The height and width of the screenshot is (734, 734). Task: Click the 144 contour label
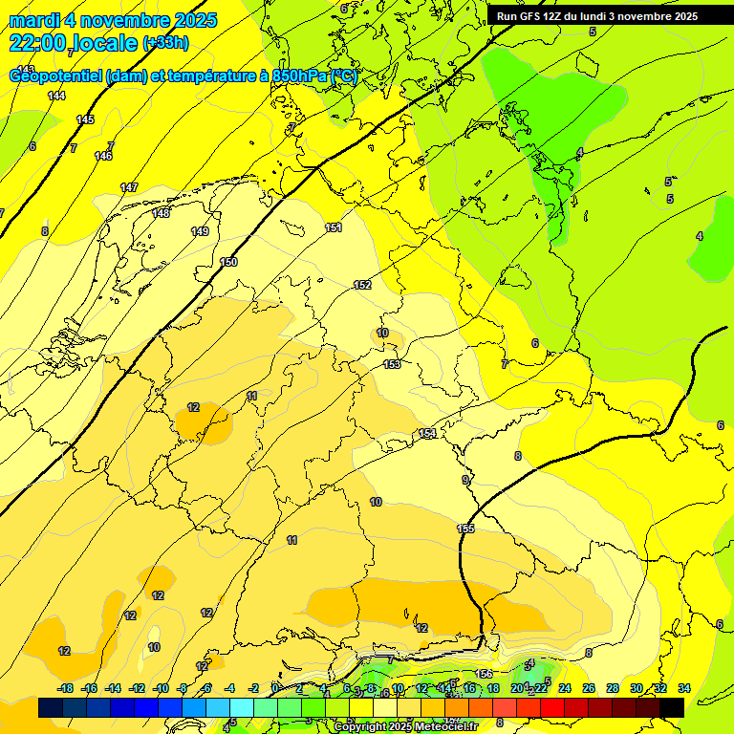point(57,96)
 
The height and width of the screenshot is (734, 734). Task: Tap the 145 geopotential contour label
point(85,119)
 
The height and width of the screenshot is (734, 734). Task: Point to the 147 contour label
point(129,187)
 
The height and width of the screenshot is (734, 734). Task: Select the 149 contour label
point(200,231)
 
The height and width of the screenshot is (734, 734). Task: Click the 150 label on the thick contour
point(228,262)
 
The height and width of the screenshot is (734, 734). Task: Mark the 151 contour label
point(333,227)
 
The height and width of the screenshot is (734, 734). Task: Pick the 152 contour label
point(362,285)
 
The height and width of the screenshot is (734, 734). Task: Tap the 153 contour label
point(392,364)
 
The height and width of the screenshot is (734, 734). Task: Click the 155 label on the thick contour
point(465,529)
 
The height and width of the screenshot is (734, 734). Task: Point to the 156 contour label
point(485,674)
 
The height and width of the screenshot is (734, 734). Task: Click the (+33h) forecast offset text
point(165,43)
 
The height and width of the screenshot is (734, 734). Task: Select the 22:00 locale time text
point(73,43)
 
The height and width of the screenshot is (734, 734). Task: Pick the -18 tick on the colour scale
point(65,688)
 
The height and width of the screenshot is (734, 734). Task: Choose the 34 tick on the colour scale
point(684,688)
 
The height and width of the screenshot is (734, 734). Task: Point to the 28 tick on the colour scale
point(612,688)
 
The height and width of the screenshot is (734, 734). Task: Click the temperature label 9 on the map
point(465,480)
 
